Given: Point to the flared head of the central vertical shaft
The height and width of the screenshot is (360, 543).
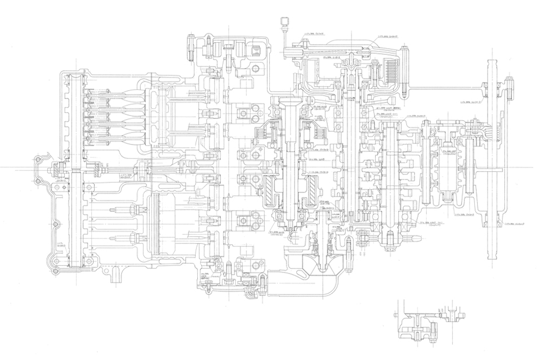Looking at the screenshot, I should coord(291,102).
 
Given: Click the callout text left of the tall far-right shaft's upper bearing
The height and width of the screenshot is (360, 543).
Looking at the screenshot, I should coord(470,102).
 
